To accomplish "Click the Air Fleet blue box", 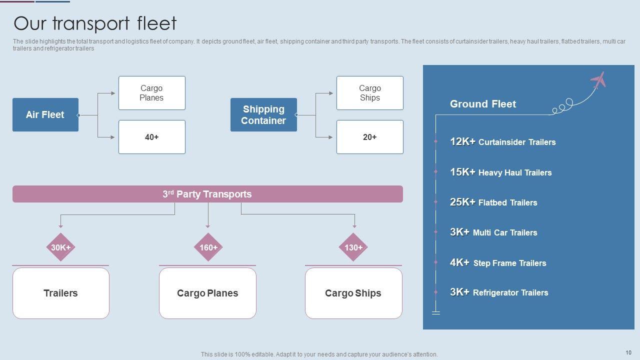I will pyautogui.click(x=45, y=114).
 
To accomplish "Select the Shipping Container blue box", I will pyautogui.click(x=263, y=114).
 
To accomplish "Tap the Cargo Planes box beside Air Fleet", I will pyautogui.click(x=151, y=93).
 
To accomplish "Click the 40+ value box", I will pyautogui.click(x=151, y=137).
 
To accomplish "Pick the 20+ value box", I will pyautogui.click(x=369, y=137).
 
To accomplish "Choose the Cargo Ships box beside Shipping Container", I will pyautogui.click(x=369, y=93).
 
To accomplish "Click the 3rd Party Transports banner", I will pyautogui.click(x=207, y=194).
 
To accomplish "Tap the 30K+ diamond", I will pyautogui.click(x=61, y=247).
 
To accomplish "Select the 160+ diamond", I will pyautogui.click(x=208, y=247).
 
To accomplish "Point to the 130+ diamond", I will pyautogui.click(x=353, y=247).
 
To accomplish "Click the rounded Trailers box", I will pyautogui.click(x=61, y=293).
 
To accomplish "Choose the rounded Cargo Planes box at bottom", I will pyautogui.click(x=207, y=293).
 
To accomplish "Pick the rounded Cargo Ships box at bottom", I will pyautogui.click(x=353, y=293).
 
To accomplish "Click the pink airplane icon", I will pyautogui.click(x=598, y=80).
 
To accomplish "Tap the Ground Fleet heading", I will pyautogui.click(x=483, y=104).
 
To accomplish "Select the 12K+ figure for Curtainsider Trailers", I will pyautogui.click(x=462, y=141).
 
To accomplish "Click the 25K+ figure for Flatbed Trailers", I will pyautogui.click(x=462, y=202).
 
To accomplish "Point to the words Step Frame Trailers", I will pyautogui.click(x=509, y=263).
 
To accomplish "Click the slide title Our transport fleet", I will pyautogui.click(x=95, y=23).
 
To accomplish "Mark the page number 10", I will pyautogui.click(x=628, y=352).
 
